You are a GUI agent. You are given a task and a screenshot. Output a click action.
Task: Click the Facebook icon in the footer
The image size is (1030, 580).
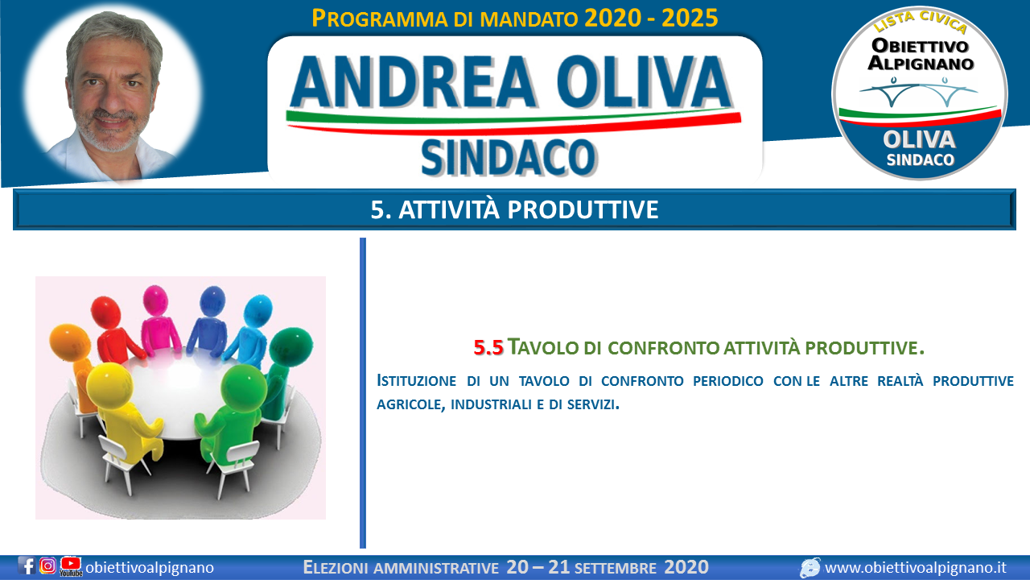(27, 565)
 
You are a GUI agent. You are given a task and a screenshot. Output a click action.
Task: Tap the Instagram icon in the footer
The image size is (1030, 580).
(47, 565)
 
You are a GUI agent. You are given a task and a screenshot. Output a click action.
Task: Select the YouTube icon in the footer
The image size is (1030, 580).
(71, 566)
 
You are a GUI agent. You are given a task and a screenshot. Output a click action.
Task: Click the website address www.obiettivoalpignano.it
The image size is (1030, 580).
(916, 568)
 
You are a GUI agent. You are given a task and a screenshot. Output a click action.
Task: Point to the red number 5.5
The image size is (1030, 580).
(488, 348)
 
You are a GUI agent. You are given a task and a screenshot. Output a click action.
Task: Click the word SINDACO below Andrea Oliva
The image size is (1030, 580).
(509, 158)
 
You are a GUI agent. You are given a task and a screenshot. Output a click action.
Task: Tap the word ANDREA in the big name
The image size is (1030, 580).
(414, 82)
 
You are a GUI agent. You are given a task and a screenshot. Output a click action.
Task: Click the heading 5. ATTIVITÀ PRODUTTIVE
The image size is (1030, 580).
(514, 210)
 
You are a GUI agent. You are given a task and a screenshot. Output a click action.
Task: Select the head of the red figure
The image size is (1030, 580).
(105, 312)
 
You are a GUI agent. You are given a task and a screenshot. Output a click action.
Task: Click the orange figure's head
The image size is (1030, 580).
(70, 341)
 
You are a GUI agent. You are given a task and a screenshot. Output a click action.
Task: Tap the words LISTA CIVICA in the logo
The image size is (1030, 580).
(920, 22)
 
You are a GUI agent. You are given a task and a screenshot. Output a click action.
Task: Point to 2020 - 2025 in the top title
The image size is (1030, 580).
(651, 19)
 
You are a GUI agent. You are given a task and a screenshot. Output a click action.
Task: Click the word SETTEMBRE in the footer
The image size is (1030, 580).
(616, 569)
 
